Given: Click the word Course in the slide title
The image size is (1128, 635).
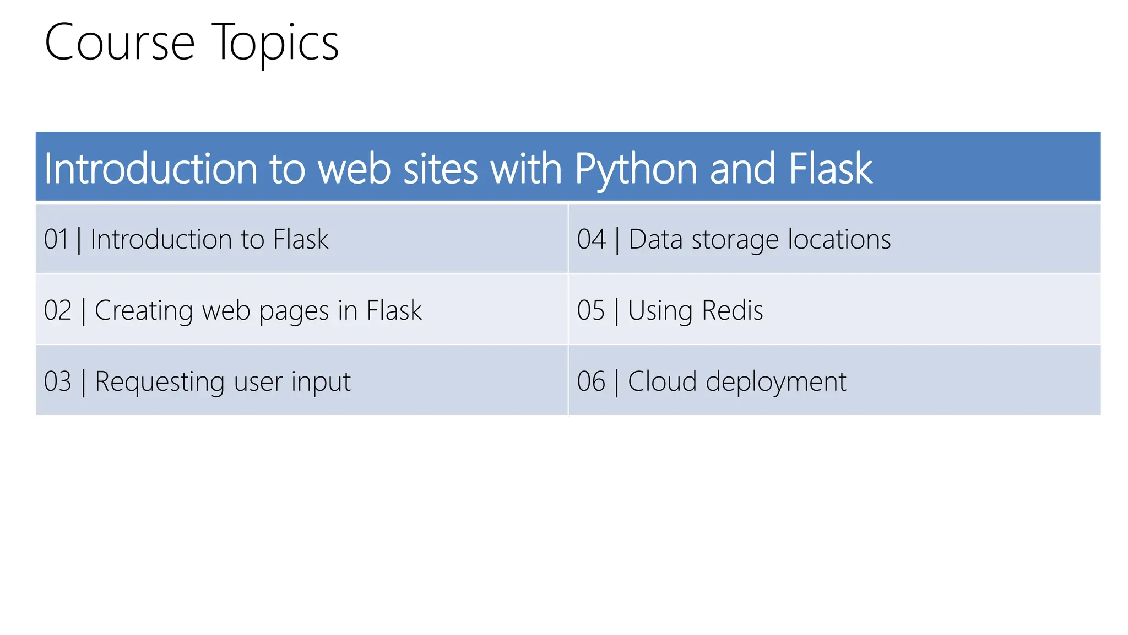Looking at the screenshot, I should [x=120, y=43].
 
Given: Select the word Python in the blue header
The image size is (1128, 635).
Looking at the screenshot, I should [x=636, y=169].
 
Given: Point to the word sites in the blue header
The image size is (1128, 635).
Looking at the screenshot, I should [x=440, y=169].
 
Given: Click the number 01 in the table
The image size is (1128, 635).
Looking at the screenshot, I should [x=56, y=240].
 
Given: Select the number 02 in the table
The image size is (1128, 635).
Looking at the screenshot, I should [x=58, y=310].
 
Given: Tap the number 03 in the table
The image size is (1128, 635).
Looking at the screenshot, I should [x=58, y=381].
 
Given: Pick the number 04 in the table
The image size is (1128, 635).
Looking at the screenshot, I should [x=592, y=240].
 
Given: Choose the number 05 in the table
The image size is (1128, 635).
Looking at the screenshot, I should [x=591, y=310].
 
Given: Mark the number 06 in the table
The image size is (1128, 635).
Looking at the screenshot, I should [x=591, y=381].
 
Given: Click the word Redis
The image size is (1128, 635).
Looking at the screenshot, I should [x=733, y=310].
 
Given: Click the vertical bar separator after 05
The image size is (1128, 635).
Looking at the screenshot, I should [x=616, y=311].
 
